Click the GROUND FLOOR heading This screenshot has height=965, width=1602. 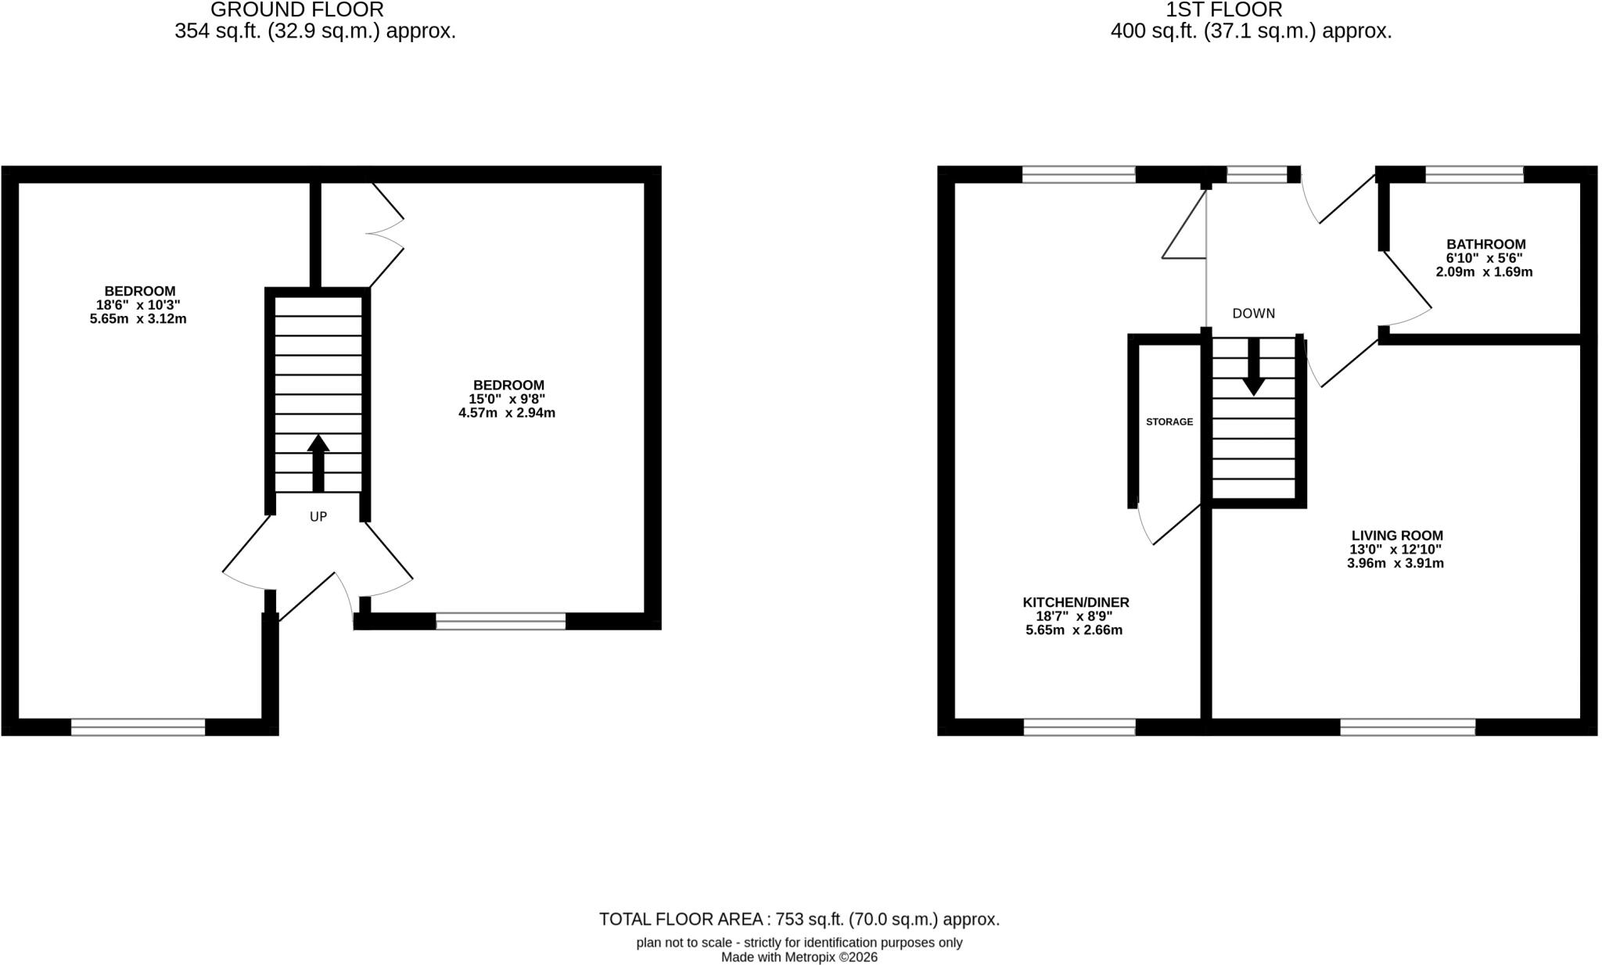pyautogui.click(x=297, y=9)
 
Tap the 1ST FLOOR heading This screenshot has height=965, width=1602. pyautogui.click(x=1224, y=9)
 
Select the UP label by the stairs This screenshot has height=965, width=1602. pyautogui.click(x=318, y=517)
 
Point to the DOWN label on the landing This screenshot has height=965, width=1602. pyautogui.click(x=1254, y=314)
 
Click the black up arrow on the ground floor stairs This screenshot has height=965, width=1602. pyautogui.click(x=318, y=464)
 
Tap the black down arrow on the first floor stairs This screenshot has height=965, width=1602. pyautogui.click(x=1254, y=367)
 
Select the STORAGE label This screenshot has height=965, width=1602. pyautogui.click(x=1169, y=422)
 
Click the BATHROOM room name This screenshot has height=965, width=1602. pyautogui.click(x=1486, y=244)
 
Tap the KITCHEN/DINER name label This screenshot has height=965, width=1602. pyautogui.click(x=1076, y=602)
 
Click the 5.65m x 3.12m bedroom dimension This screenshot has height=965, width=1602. pyautogui.click(x=138, y=319)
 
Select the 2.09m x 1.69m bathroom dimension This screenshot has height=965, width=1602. pyautogui.click(x=1485, y=272)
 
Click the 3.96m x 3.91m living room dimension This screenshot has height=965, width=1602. pyautogui.click(x=1395, y=563)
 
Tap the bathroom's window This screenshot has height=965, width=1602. pyautogui.click(x=1474, y=174)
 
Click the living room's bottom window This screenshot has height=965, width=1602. pyautogui.click(x=1408, y=727)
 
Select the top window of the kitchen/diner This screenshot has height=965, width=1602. pyautogui.click(x=1079, y=174)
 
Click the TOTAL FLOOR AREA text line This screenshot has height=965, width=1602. pyautogui.click(x=799, y=920)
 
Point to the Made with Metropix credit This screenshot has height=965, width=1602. pyautogui.click(x=799, y=957)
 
